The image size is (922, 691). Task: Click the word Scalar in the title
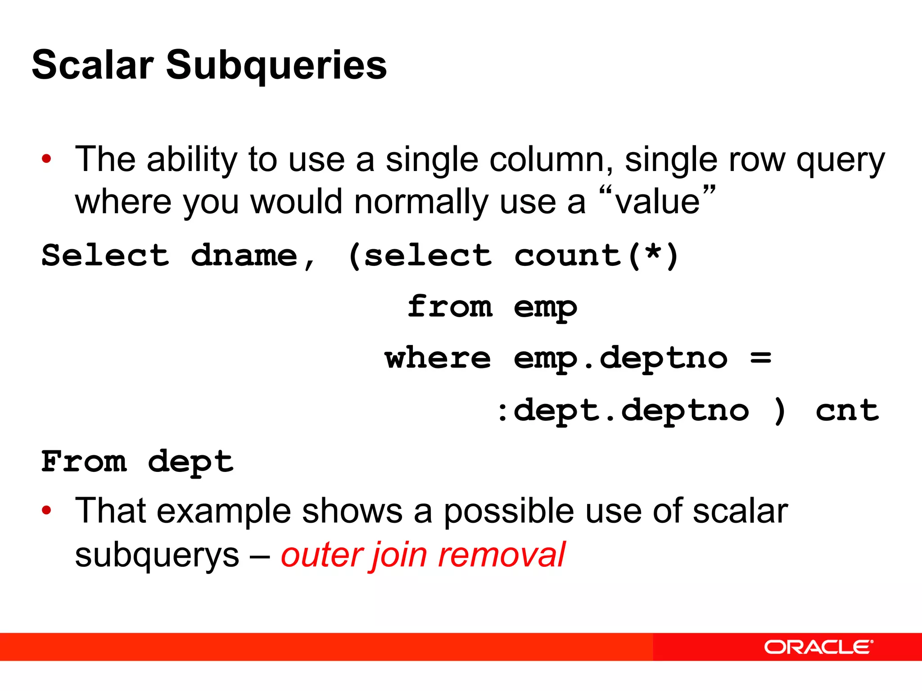pyautogui.click(x=93, y=66)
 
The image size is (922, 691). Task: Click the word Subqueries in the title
pyautogui.click(x=276, y=66)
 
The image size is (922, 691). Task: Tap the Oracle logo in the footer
pyautogui.click(x=818, y=647)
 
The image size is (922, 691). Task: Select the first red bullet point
pyautogui.click(x=46, y=159)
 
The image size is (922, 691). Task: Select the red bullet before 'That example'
pyautogui.click(x=46, y=511)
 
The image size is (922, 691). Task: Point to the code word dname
pyautogui.click(x=244, y=256)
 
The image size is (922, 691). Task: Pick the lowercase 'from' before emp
pyautogui.click(x=450, y=307)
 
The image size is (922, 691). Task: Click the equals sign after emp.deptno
pyautogui.click(x=761, y=358)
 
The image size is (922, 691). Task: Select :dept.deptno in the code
pyautogui.click(x=623, y=410)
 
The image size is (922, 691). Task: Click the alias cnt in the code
pyautogui.click(x=846, y=410)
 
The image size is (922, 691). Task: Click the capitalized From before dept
pyautogui.click(x=84, y=462)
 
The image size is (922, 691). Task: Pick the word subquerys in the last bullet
pyautogui.click(x=157, y=556)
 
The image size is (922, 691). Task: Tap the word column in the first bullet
pyautogui.click(x=550, y=159)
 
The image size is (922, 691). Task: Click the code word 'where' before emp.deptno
pyautogui.click(x=437, y=358)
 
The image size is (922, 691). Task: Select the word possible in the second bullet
pyautogui.click(x=508, y=512)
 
